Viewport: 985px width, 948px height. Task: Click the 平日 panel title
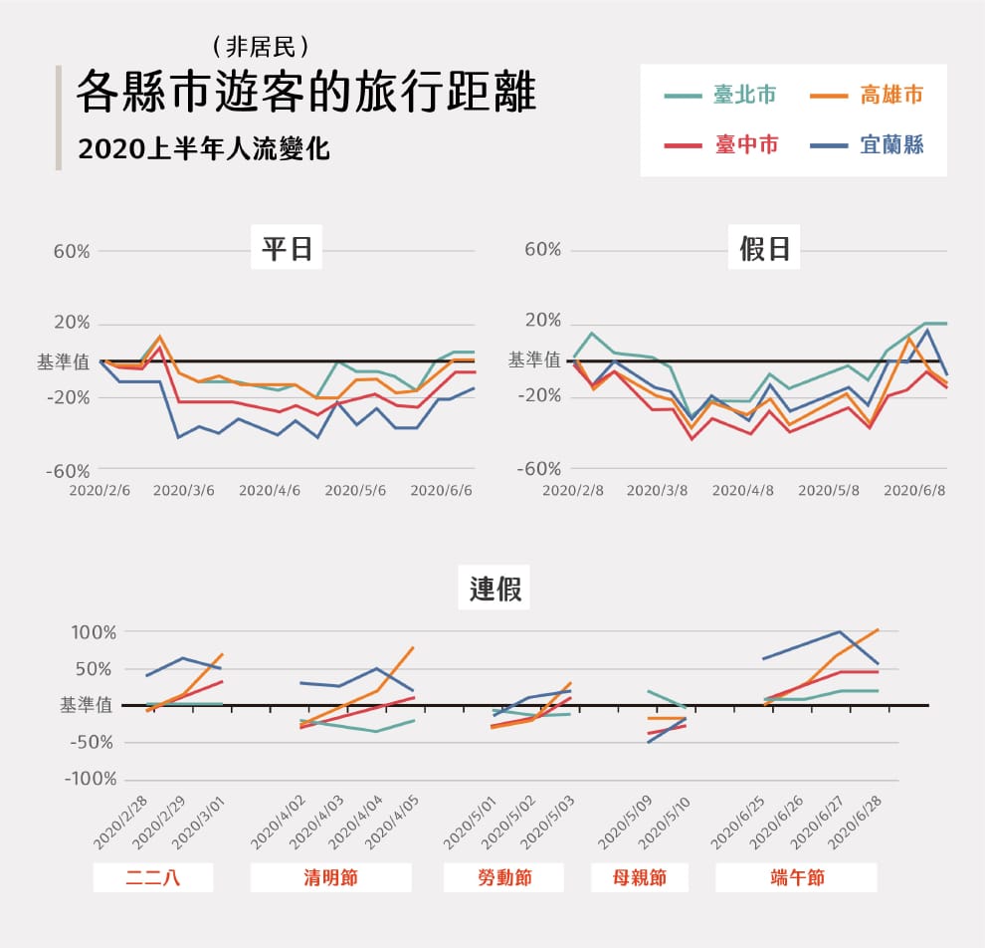[x=288, y=249]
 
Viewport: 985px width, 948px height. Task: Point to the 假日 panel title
[x=765, y=249]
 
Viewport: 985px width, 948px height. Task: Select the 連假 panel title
[x=494, y=589]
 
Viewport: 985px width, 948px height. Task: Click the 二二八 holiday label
[x=154, y=878]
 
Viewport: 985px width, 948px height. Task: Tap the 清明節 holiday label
[x=330, y=878]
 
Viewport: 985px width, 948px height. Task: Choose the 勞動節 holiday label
[x=503, y=878]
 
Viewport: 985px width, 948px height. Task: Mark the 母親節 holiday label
[x=640, y=878]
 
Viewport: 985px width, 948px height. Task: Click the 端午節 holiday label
[x=797, y=878]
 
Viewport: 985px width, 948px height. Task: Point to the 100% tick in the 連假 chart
[x=93, y=632]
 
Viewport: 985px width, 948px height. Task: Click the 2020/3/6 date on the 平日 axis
[x=184, y=490]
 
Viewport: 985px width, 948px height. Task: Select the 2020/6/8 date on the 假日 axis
[x=914, y=490]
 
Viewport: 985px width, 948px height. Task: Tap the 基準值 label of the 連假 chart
[x=87, y=705]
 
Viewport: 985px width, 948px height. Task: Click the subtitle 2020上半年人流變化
[x=204, y=149]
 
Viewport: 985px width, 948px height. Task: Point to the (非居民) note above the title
[x=262, y=45]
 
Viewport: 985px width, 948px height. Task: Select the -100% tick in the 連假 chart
[x=91, y=779]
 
